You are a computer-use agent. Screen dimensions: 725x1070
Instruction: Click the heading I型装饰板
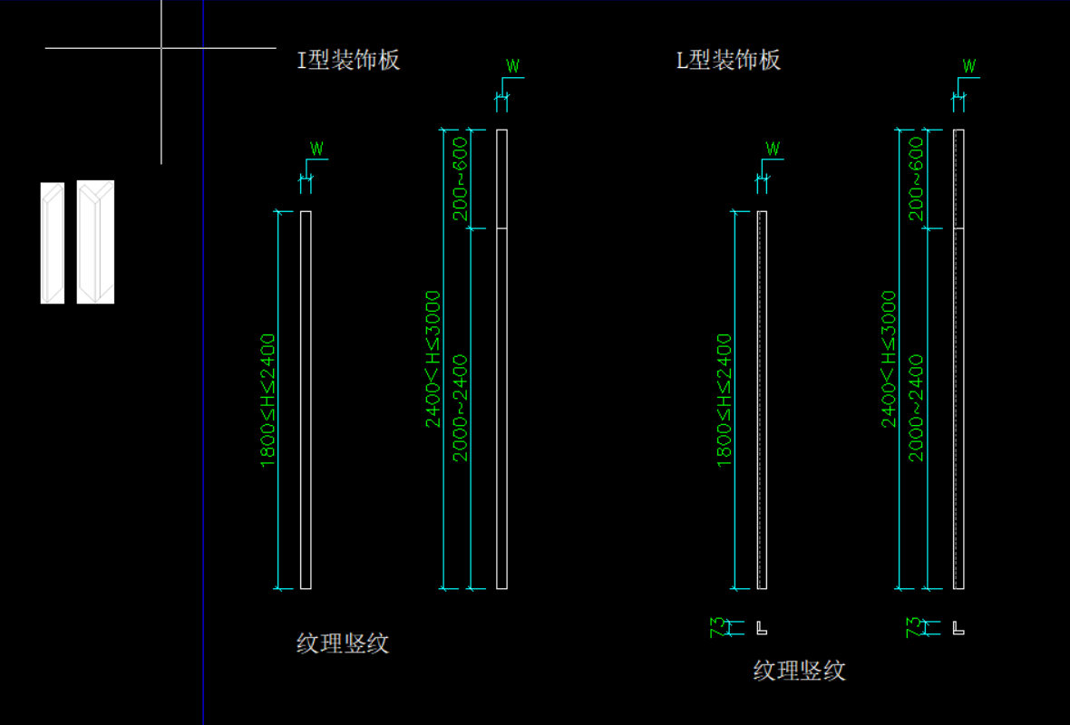point(349,61)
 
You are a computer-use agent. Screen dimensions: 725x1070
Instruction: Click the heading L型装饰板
point(729,61)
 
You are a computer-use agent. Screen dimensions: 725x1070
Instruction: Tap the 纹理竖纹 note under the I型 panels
point(343,643)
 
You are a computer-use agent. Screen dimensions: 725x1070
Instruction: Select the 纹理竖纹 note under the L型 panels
point(800,671)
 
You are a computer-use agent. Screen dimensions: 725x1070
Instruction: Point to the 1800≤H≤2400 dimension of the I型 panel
point(267,401)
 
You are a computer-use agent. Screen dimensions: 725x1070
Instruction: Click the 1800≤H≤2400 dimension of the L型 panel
point(725,401)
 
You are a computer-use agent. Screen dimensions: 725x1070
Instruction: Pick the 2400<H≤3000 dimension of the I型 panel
point(433,359)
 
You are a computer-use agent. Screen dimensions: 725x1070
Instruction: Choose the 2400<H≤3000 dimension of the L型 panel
point(890,359)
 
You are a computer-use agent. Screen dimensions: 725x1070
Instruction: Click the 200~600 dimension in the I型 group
point(461,179)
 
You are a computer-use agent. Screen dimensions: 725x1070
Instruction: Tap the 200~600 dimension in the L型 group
point(917,179)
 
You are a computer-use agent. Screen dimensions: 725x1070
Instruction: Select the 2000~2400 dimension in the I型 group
point(461,408)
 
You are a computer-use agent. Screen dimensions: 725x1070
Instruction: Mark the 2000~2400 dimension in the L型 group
point(917,408)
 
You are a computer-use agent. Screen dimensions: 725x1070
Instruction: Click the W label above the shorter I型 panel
point(316,149)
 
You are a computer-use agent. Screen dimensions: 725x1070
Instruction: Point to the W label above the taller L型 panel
point(969,66)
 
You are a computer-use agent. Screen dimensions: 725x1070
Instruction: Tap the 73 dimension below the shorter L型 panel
point(718,626)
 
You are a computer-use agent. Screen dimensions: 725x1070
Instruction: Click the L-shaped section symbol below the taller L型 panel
point(958,627)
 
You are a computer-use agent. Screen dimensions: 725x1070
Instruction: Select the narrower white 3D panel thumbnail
point(53,242)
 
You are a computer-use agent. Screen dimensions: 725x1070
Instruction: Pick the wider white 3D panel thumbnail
point(95,242)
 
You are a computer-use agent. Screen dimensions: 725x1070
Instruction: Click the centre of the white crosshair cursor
point(161,47)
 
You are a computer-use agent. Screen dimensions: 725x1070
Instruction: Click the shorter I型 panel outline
point(306,400)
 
